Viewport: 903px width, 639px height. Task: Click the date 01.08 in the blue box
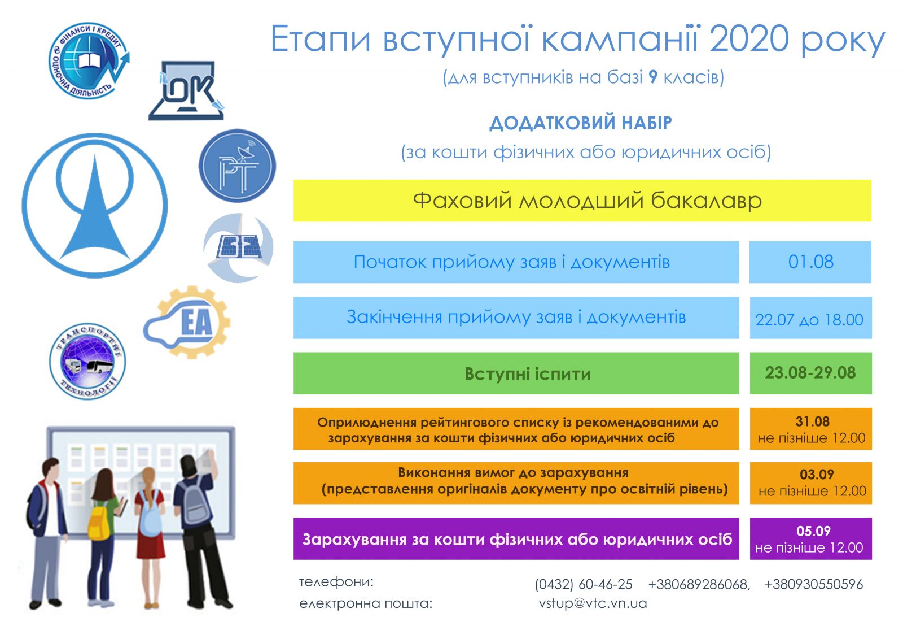tap(810, 262)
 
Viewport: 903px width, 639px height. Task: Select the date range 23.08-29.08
tap(810, 372)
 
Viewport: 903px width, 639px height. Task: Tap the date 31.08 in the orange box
tap(812, 421)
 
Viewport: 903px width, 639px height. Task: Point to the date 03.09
tap(817, 474)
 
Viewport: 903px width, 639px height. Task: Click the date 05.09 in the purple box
tap(813, 531)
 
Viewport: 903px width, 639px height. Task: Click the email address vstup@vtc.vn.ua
tap(593, 603)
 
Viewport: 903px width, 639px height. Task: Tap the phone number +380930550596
tap(813, 584)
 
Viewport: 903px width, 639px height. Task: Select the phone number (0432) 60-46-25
tap(584, 584)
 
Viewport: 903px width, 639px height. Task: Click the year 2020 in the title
tap(748, 39)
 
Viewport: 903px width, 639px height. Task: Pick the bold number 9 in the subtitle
tap(653, 77)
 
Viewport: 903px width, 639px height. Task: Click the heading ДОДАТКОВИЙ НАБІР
tap(581, 123)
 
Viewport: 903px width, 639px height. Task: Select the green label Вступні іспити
tap(527, 374)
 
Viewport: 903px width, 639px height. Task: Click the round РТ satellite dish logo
tap(237, 166)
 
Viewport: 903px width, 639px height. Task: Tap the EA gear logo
tap(187, 322)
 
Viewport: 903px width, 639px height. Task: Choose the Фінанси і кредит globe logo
tap(89, 60)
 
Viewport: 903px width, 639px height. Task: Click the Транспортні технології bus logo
tap(87, 361)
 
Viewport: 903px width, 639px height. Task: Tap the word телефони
tap(336, 582)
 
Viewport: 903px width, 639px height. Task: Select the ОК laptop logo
tap(186, 91)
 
